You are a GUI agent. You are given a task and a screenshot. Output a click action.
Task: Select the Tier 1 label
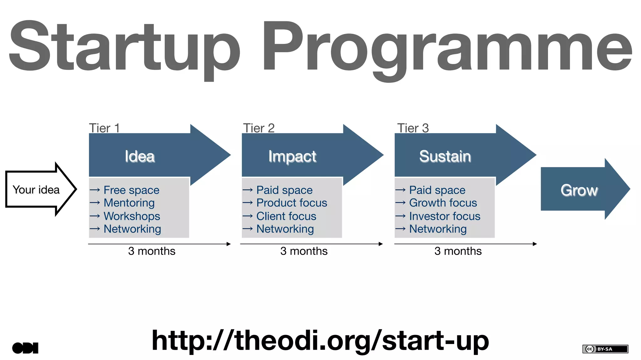coord(104,128)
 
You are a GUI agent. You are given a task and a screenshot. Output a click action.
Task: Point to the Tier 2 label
coord(259,128)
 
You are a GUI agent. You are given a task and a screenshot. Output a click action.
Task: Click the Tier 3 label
coord(413,128)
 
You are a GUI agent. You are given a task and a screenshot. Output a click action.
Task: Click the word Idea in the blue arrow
coord(140,156)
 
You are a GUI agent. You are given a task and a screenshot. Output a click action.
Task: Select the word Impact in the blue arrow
coord(292,156)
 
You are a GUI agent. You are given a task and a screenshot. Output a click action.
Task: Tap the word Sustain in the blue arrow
coord(445,156)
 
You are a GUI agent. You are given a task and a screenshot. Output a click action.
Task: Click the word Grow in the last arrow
coord(579,190)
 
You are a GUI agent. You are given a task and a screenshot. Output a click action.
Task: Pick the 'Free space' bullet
coord(131,190)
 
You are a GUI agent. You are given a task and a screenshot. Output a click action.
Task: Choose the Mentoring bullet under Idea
coord(129,203)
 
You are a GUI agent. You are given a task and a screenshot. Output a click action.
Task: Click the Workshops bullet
coord(132,216)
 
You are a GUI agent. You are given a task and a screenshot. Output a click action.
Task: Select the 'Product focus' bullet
coord(291,203)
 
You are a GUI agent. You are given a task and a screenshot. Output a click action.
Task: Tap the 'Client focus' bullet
coord(286,216)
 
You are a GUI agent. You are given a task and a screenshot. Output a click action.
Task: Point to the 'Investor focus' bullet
coord(444,216)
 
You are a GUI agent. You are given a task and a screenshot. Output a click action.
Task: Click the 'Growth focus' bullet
coord(443,203)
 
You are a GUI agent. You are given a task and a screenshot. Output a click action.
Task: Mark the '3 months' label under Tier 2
coord(304,251)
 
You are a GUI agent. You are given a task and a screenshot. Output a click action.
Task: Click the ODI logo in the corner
coord(25,348)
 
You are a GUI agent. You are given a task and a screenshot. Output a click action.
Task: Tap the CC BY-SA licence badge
coord(605,349)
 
